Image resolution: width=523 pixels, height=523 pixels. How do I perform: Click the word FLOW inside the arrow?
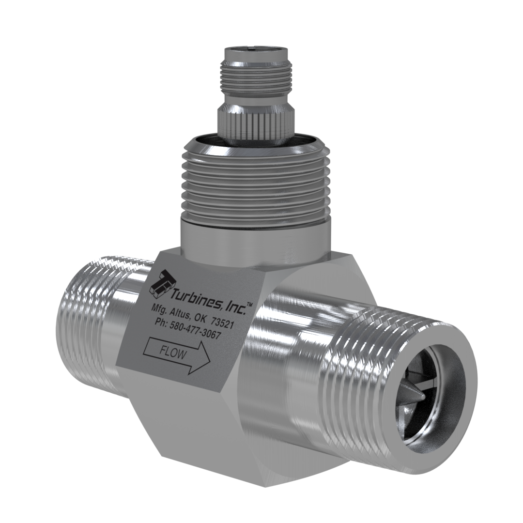(172, 353)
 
